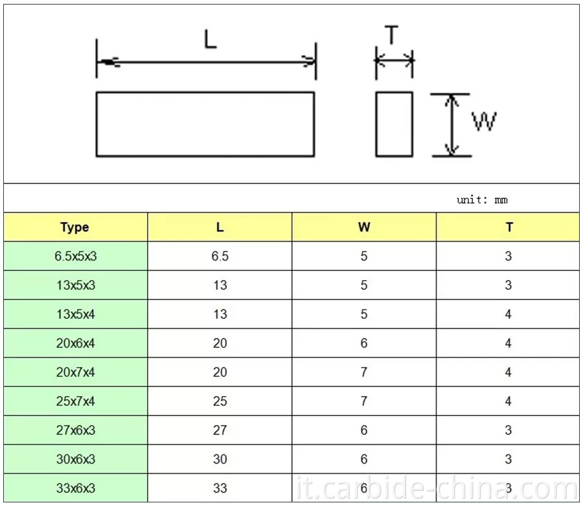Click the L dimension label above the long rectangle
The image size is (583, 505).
pyautogui.click(x=210, y=40)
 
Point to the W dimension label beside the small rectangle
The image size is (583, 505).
pyautogui.click(x=484, y=122)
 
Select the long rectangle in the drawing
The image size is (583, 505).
pyautogui.click(x=205, y=124)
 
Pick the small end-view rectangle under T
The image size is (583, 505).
pyautogui.click(x=394, y=124)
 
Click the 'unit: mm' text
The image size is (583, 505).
pyautogui.click(x=482, y=200)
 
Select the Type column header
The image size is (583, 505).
pyautogui.click(x=75, y=228)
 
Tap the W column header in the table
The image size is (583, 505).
pyautogui.click(x=364, y=228)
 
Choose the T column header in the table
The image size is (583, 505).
pyautogui.click(x=509, y=228)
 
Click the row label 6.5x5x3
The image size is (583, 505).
pyautogui.click(x=75, y=256)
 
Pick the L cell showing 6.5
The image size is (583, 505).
pyautogui.click(x=220, y=256)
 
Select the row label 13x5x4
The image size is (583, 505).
pyautogui.click(x=75, y=314)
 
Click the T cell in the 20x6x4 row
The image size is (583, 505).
pyautogui.click(x=509, y=343)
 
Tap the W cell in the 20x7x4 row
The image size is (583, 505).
pyautogui.click(x=364, y=372)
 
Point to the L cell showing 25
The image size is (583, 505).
pyautogui.click(x=220, y=401)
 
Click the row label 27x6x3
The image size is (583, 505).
pyautogui.click(x=75, y=430)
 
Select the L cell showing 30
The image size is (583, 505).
pyautogui.click(x=220, y=459)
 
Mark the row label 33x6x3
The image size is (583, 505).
pyautogui.click(x=75, y=488)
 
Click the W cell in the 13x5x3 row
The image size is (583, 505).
pyautogui.click(x=364, y=285)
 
